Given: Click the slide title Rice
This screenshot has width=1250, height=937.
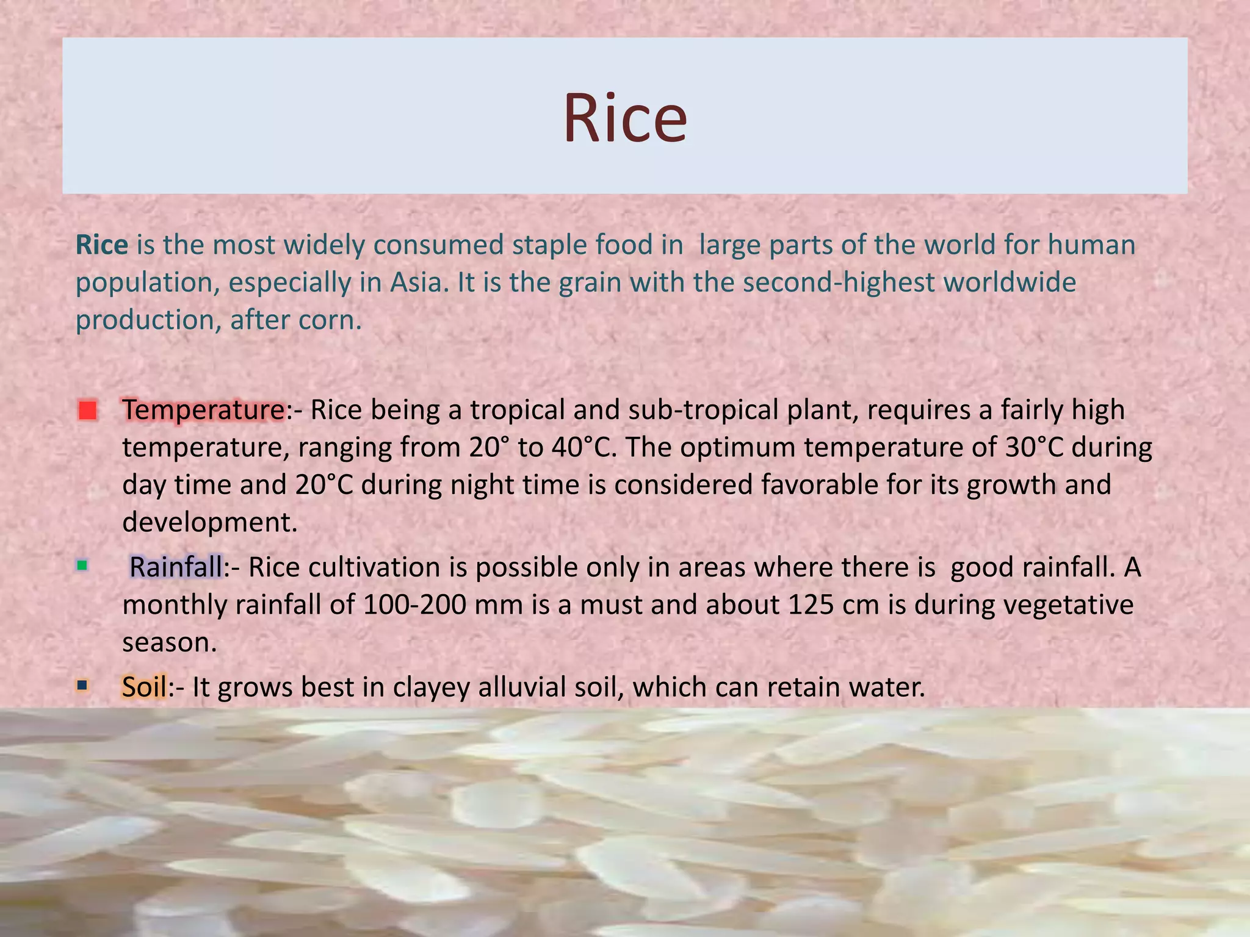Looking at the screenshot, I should pyautogui.click(x=624, y=117).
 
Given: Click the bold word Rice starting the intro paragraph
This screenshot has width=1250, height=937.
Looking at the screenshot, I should pyautogui.click(x=101, y=245).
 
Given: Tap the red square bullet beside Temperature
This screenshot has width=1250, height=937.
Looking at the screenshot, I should pyautogui.click(x=88, y=410).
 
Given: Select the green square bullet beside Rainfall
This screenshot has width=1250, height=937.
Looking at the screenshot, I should pyautogui.click(x=82, y=565).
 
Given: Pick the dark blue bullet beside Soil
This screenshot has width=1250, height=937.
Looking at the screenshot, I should pyautogui.click(x=82, y=686).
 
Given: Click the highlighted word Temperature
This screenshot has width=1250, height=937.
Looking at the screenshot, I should pyautogui.click(x=203, y=410).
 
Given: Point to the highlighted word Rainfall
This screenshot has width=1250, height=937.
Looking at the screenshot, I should pyautogui.click(x=176, y=567).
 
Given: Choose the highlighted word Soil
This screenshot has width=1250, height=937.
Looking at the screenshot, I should pyautogui.click(x=144, y=687).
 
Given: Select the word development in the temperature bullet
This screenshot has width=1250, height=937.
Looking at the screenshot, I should pyautogui.click(x=209, y=522).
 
